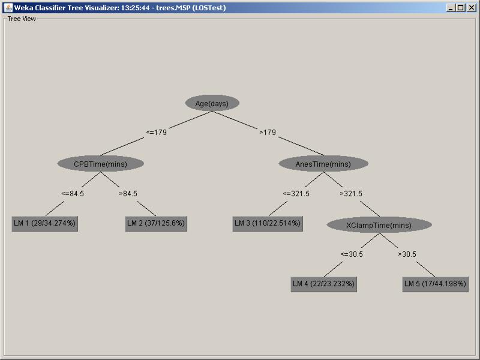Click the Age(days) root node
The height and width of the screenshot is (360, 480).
point(212,103)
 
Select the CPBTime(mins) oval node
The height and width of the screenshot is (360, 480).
point(101,164)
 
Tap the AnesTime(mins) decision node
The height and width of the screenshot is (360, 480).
point(323,164)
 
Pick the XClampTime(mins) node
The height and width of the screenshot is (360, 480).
point(379,225)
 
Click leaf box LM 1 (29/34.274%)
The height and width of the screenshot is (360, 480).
point(45,223)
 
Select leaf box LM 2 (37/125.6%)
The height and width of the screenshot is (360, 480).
point(156,223)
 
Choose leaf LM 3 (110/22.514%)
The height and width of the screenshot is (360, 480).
point(268,223)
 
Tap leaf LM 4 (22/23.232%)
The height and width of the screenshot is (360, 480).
point(323,284)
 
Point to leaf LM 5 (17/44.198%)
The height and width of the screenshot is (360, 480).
point(435,284)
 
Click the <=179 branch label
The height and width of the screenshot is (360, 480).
point(157,133)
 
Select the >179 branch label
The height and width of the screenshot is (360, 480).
point(268,133)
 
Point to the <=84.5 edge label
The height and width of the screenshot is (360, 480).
point(73,194)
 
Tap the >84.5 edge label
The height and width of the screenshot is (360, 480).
point(128,194)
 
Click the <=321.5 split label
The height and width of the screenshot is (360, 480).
point(296,194)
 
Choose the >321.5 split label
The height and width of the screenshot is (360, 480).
point(351,194)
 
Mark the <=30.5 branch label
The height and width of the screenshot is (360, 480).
point(352,254)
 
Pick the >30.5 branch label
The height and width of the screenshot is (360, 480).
point(407,254)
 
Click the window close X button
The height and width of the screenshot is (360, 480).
point(471,8)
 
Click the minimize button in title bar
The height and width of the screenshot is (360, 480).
point(451,8)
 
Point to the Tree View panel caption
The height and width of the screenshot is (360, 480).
point(22,19)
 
